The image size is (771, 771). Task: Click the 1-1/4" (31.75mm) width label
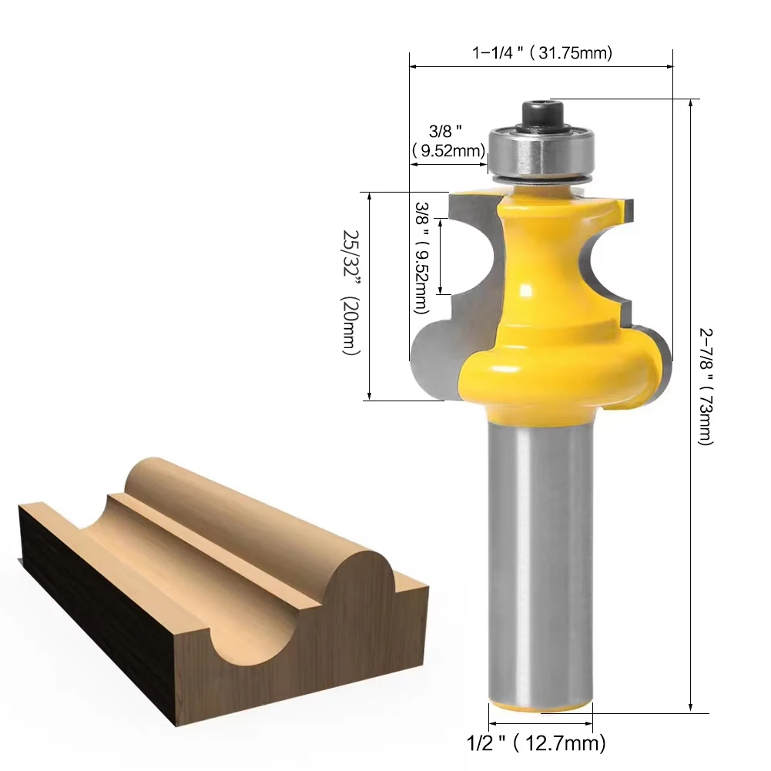click(x=542, y=52)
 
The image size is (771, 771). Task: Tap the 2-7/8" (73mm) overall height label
click(x=706, y=387)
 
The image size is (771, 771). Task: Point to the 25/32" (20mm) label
click(x=351, y=292)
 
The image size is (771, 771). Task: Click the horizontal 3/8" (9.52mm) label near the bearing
click(x=448, y=141)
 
